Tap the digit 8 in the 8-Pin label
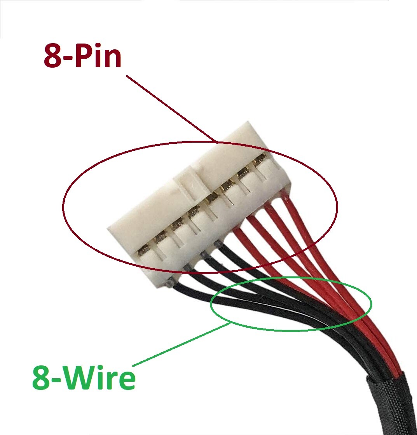coord(53,56)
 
